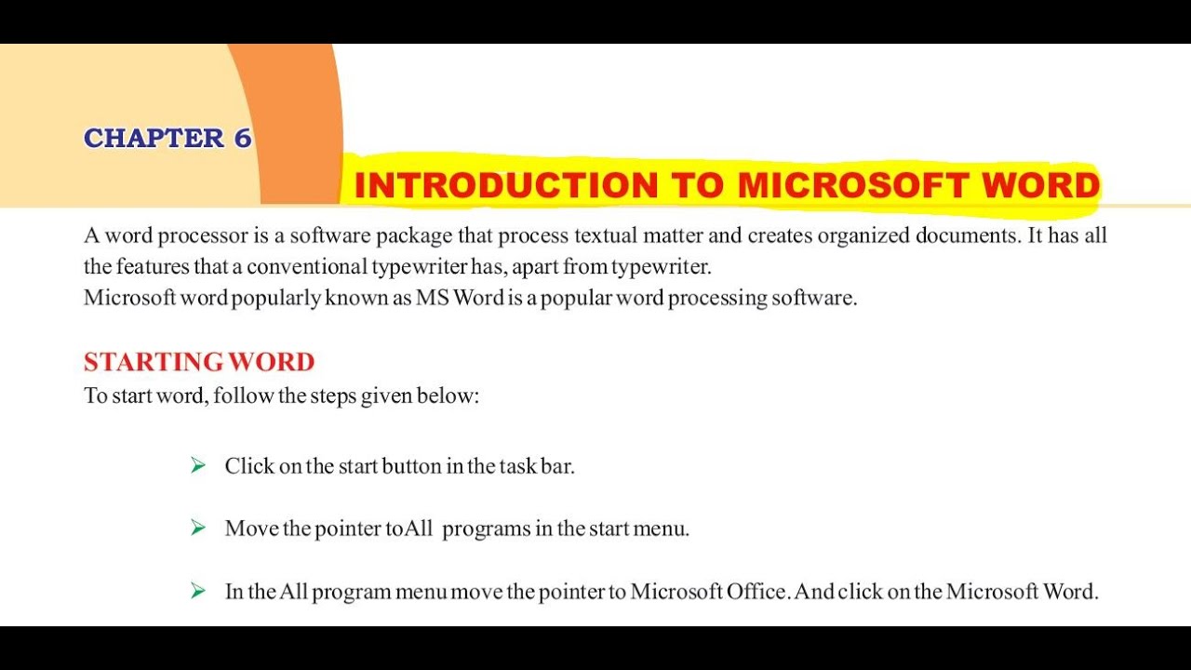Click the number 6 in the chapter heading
point(242,138)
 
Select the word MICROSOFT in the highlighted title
point(841,185)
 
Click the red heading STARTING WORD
point(199,361)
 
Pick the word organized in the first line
point(863,235)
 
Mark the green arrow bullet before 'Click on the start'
point(198,465)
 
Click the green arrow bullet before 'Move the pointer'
point(198,528)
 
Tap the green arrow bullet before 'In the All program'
point(198,591)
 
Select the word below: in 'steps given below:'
point(448,396)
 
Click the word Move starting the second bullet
point(251,529)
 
